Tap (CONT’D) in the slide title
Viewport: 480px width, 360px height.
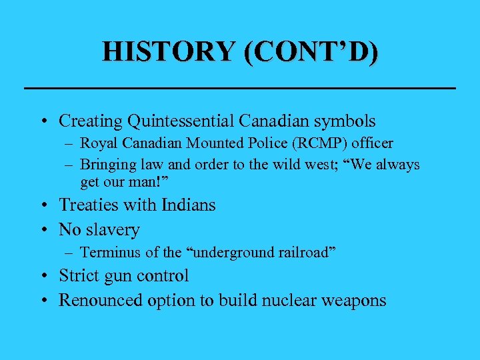click(x=310, y=51)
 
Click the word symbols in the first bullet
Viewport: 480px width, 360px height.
click(x=344, y=121)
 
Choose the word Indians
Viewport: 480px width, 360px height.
click(x=185, y=205)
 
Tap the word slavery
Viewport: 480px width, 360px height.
click(x=112, y=230)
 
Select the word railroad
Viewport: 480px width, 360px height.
click(x=303, y=252)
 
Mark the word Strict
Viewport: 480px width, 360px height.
click(x=79, y=275)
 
